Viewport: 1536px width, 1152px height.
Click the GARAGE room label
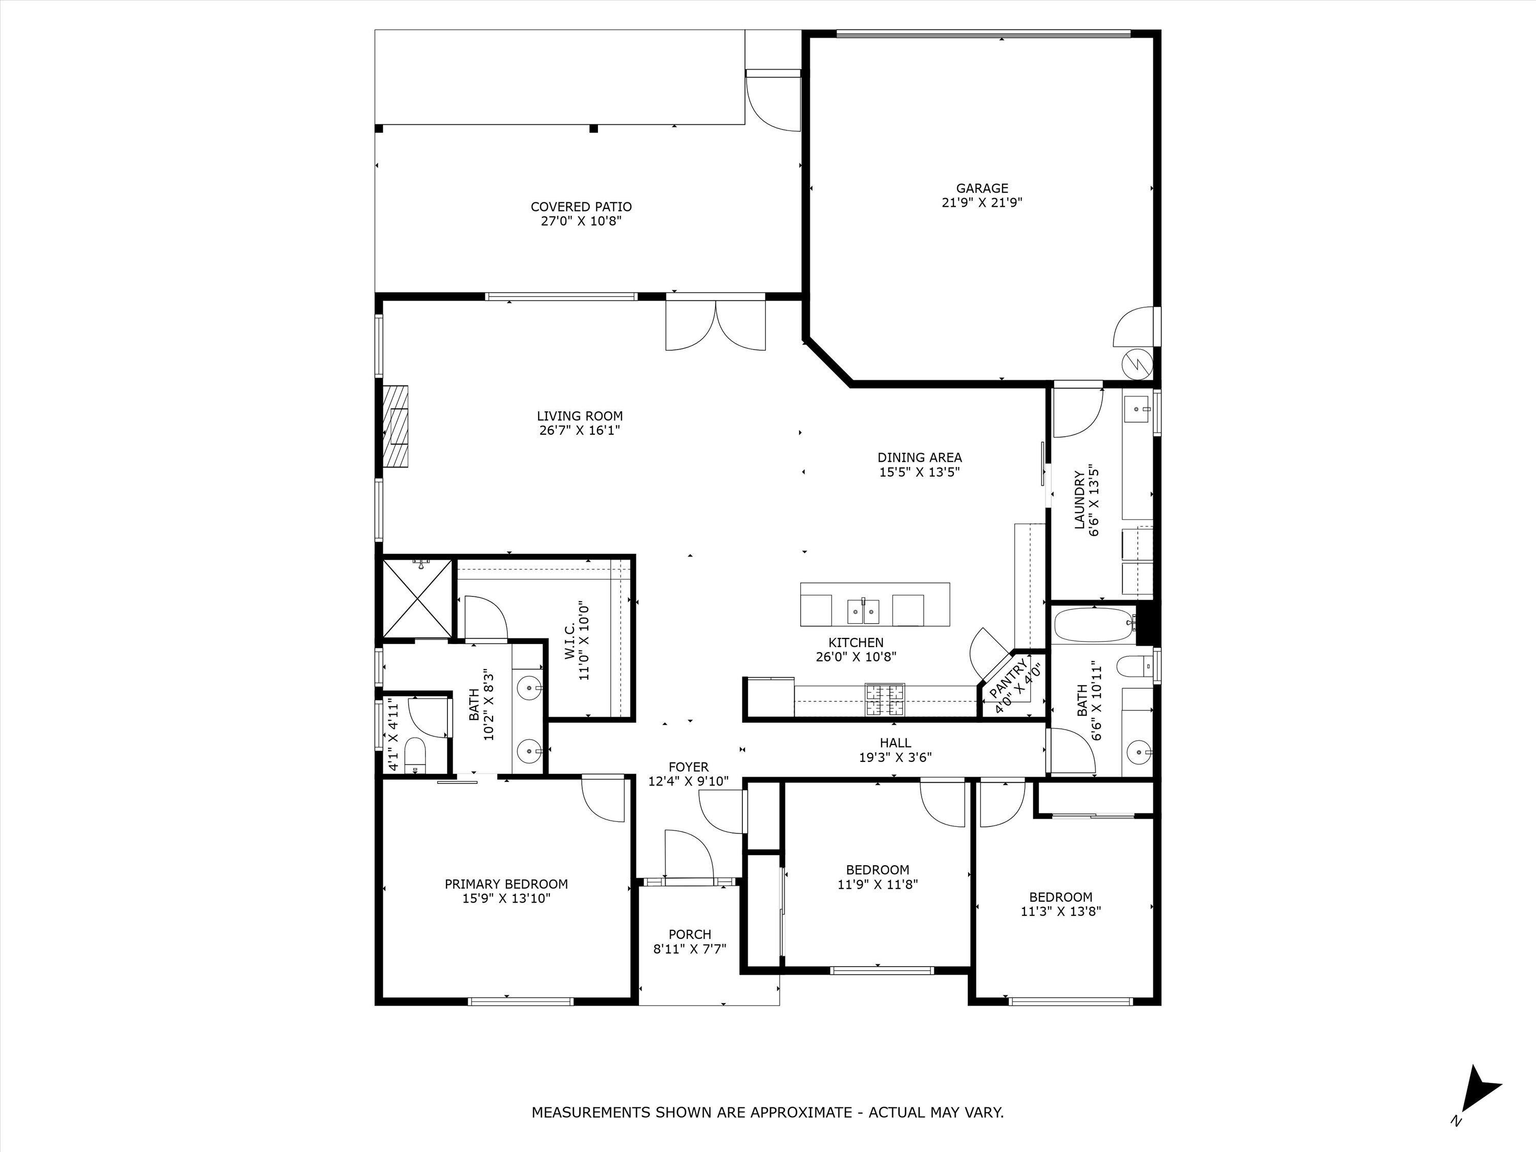click(x=982, y=188)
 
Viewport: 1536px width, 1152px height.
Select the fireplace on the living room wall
click(x=398, y=425)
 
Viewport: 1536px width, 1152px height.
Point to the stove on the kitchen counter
click(x=885, y=699)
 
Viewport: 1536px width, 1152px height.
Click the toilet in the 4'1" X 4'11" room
click(x=415, y=755)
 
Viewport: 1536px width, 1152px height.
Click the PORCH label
click(x=690, y=934)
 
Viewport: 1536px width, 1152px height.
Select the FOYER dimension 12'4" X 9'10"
click(x=688, y=781)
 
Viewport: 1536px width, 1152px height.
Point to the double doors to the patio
click(x=716, y=323)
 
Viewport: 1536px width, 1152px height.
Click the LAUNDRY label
click(x=1080, y=500)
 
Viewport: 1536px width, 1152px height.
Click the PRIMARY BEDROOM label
click(x=506, y=884)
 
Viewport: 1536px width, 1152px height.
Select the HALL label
click(x=895, y=742)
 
